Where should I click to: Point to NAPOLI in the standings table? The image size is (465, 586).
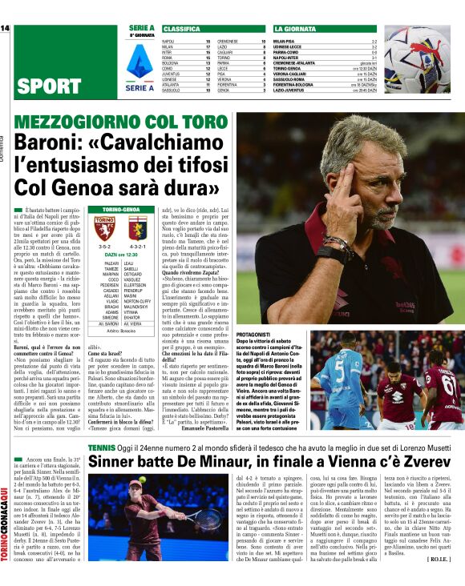point(168,40)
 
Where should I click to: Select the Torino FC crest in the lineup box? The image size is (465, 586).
point(105,229)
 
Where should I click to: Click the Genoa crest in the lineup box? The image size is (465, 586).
point(135,229)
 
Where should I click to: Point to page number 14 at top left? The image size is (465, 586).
point(5,28)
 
